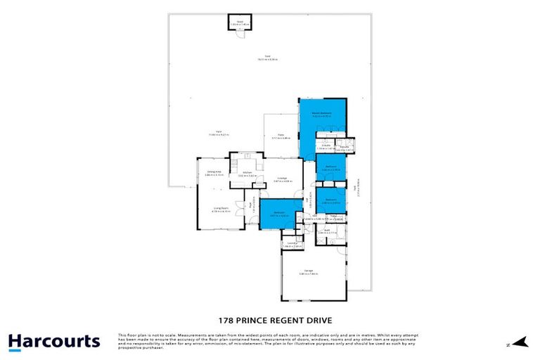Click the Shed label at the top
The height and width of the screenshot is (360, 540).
pos(240,21)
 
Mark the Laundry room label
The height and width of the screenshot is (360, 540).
pos(292,244)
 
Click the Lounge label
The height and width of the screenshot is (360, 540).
pos(281,178)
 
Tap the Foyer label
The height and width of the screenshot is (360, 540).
pos(250,205)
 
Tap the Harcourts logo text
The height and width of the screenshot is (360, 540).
pos(54,342)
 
